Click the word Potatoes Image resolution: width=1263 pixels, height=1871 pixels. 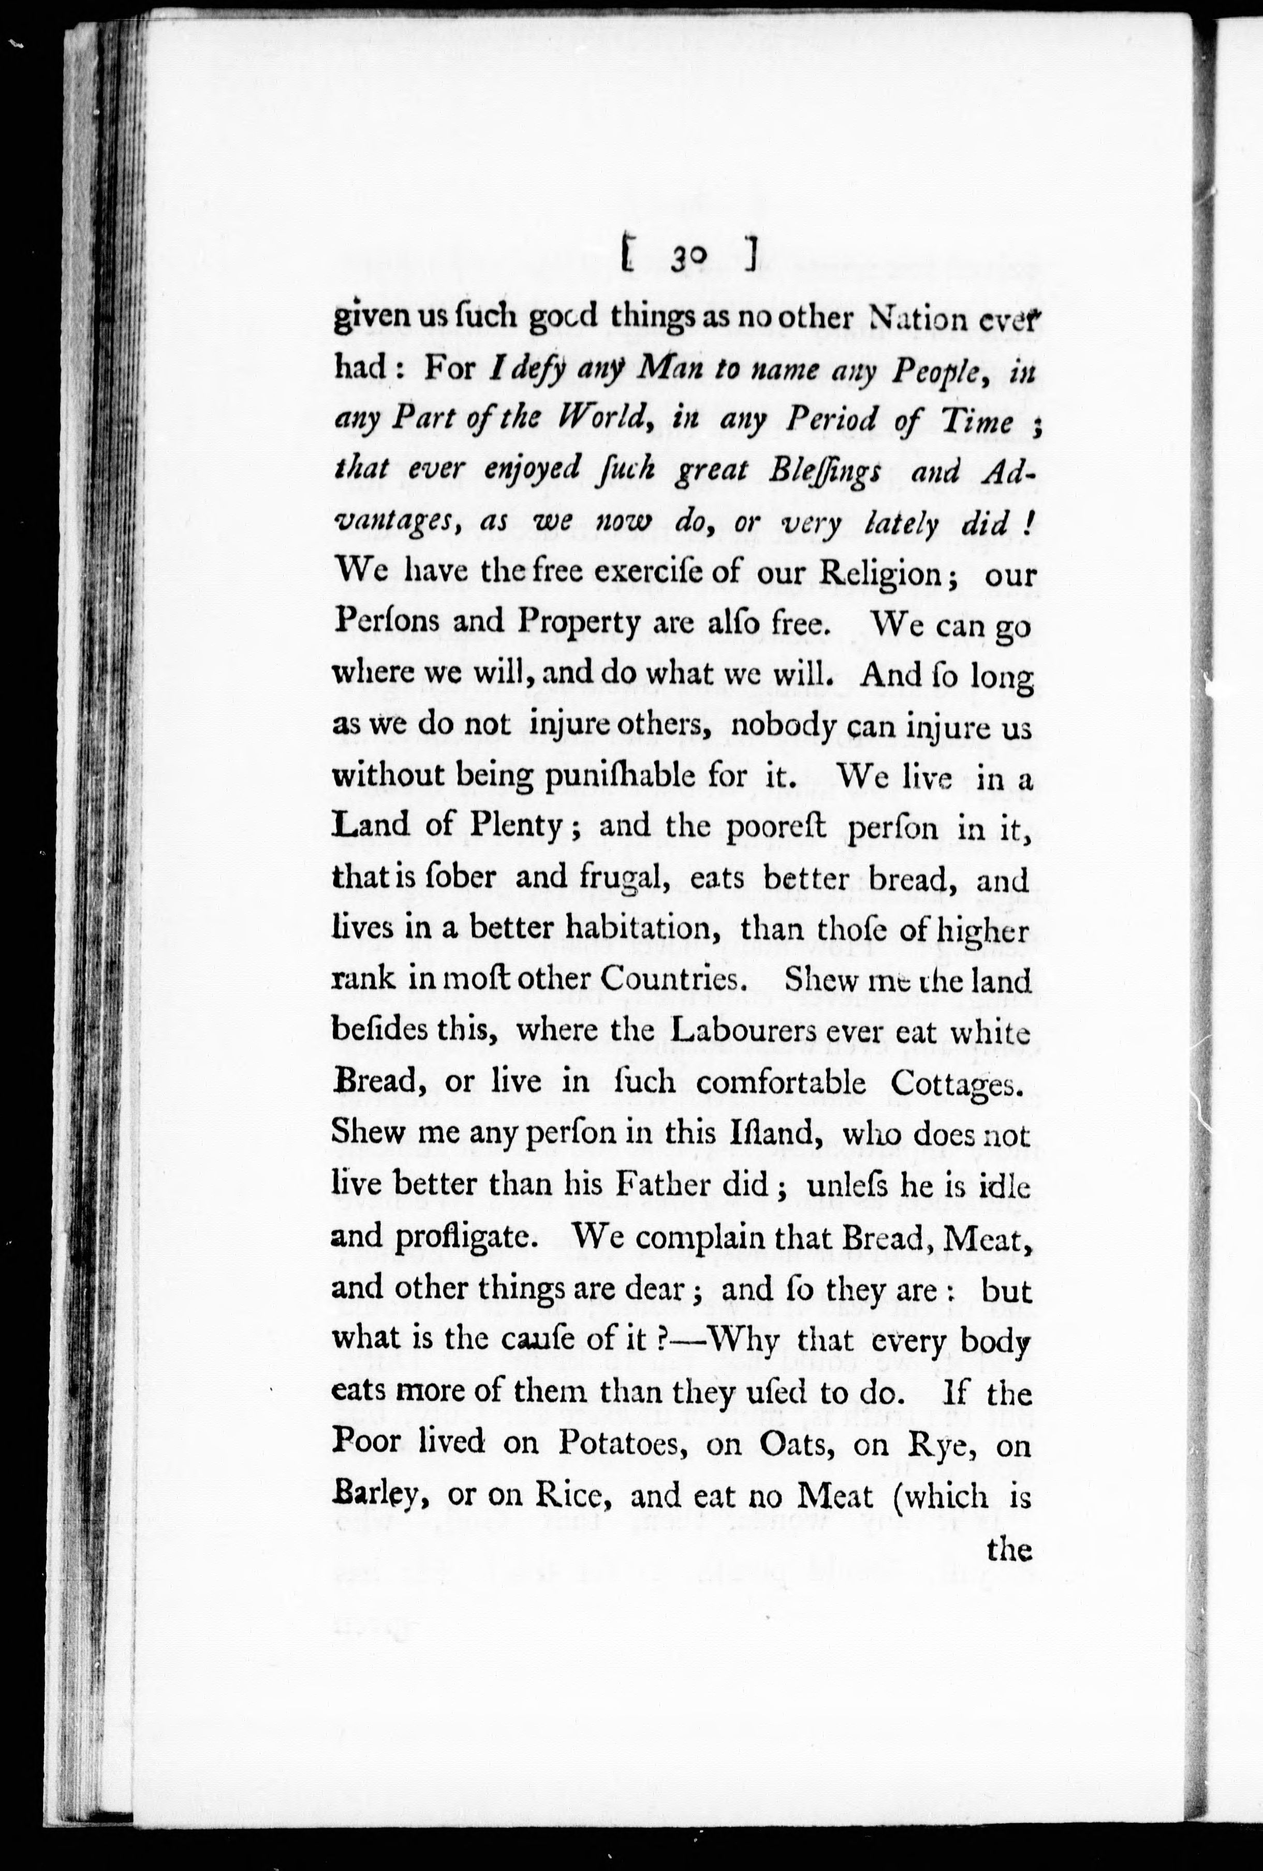tap(622, 1444)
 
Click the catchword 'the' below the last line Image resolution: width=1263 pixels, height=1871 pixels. tap(1008, 1548)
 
